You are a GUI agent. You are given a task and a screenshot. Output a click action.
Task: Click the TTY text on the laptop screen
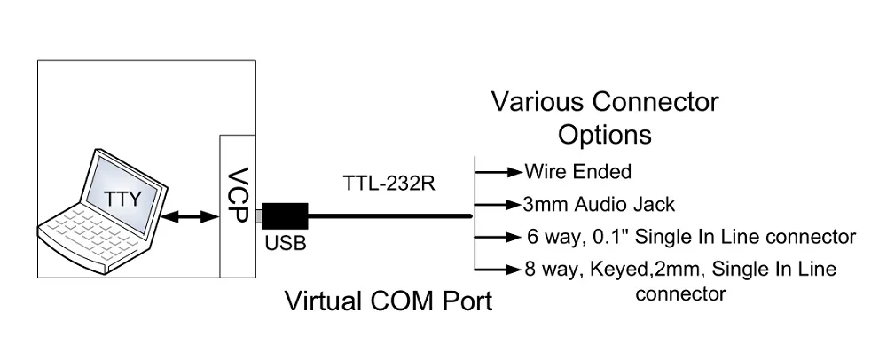[123, 199]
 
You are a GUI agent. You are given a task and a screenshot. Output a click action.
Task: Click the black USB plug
[285, 216]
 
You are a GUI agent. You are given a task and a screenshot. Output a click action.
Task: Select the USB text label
[285, 243]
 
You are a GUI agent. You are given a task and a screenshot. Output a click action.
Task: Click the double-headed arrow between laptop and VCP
[190, 215]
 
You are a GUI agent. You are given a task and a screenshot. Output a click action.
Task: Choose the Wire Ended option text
[578, 170]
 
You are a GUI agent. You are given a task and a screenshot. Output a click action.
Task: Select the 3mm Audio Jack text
[600, 205]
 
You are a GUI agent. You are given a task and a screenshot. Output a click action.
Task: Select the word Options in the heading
[604, 135]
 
